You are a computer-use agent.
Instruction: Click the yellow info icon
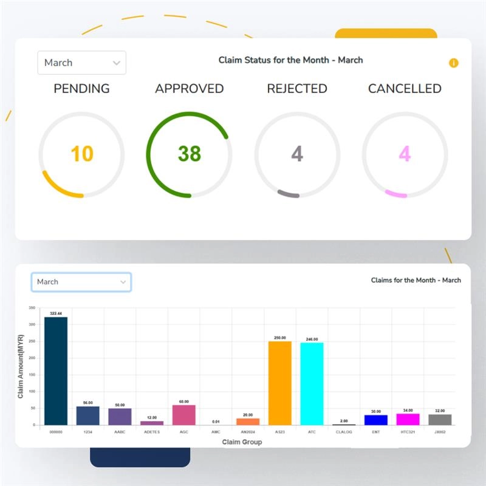point(453,63)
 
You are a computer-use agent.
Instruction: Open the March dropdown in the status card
point(81,63)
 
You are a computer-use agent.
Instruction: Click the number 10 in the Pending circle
point(81,154)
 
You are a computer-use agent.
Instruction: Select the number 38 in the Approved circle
point(189,154)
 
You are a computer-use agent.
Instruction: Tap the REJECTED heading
point(297,89)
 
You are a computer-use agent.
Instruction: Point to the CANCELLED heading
point(405,89)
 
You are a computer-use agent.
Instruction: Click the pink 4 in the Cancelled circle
point(405,154)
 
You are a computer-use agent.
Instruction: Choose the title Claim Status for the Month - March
point(290,60)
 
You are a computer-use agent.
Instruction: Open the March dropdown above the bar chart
point(81,282)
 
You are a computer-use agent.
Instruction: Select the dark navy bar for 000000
point(56,371)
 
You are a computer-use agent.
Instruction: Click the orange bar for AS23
point(280,383)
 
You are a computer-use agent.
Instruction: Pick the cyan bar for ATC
point(312,384)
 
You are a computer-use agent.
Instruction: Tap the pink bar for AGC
point(183,415)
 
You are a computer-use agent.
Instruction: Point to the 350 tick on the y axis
point(32,309)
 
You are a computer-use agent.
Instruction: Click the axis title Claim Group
point(242,442)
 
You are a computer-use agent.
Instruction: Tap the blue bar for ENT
point(375,420)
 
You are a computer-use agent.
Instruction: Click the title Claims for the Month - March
point(416,280)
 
